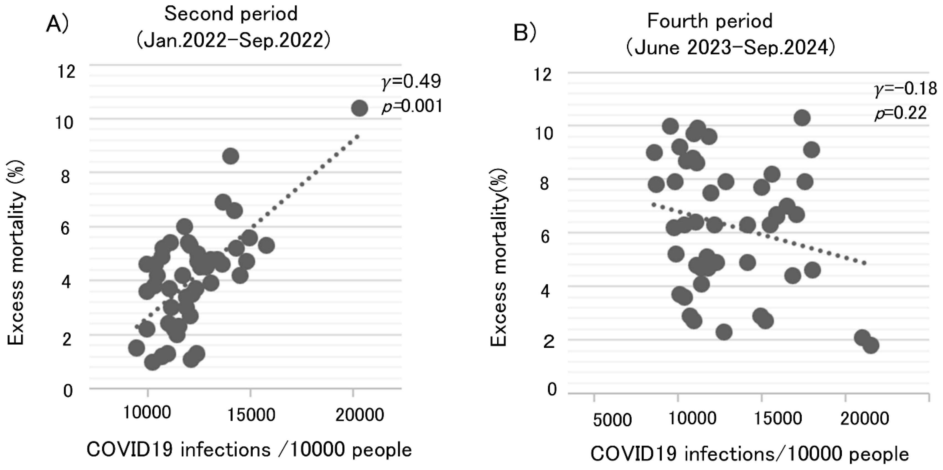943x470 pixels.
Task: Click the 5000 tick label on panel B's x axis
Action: click(612, 420)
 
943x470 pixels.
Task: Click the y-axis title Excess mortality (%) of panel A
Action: click(16, 253)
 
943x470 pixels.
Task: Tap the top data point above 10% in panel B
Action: click(802, 118)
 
